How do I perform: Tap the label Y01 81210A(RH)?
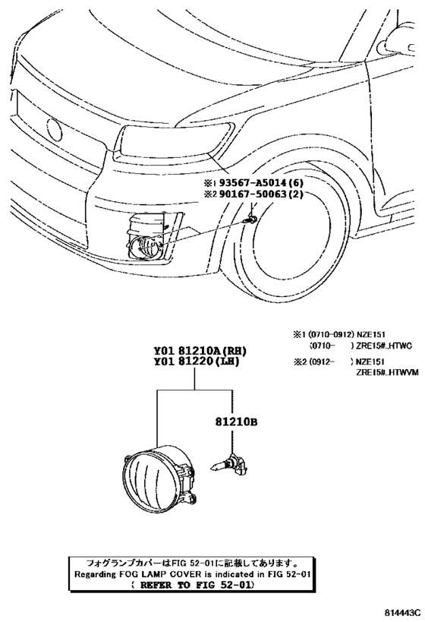pos(200,351)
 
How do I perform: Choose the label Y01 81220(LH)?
pos(197,362)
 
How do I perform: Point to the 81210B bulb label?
pos(236,422)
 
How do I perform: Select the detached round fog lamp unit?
pos(159,479)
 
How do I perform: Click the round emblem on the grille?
pos(54,130)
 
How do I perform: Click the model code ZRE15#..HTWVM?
pos(387,372)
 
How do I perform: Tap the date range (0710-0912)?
pos(331,335)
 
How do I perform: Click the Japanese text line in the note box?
pos(192,563)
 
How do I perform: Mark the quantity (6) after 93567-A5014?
pos(295,183)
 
